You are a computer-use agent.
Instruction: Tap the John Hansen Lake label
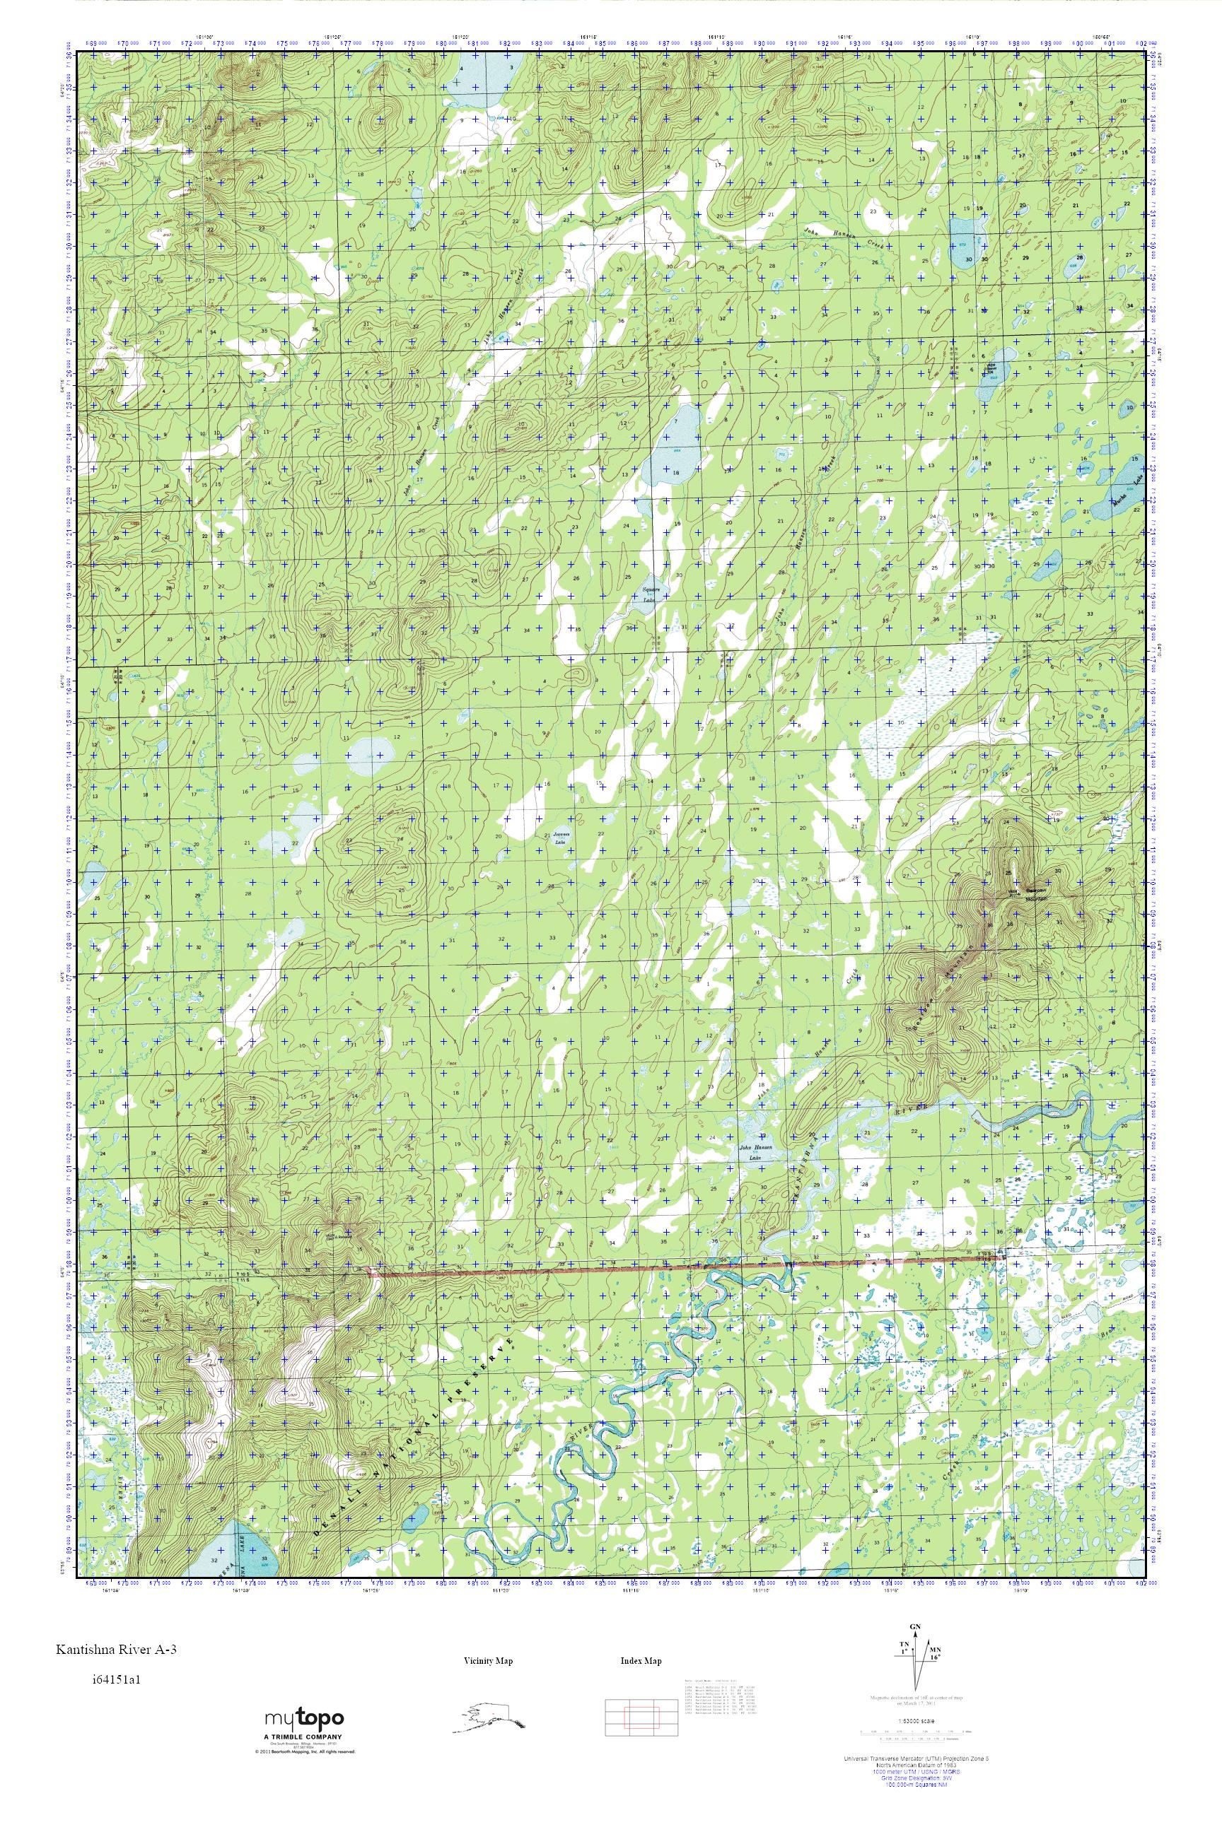click(x=754, y=1152)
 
